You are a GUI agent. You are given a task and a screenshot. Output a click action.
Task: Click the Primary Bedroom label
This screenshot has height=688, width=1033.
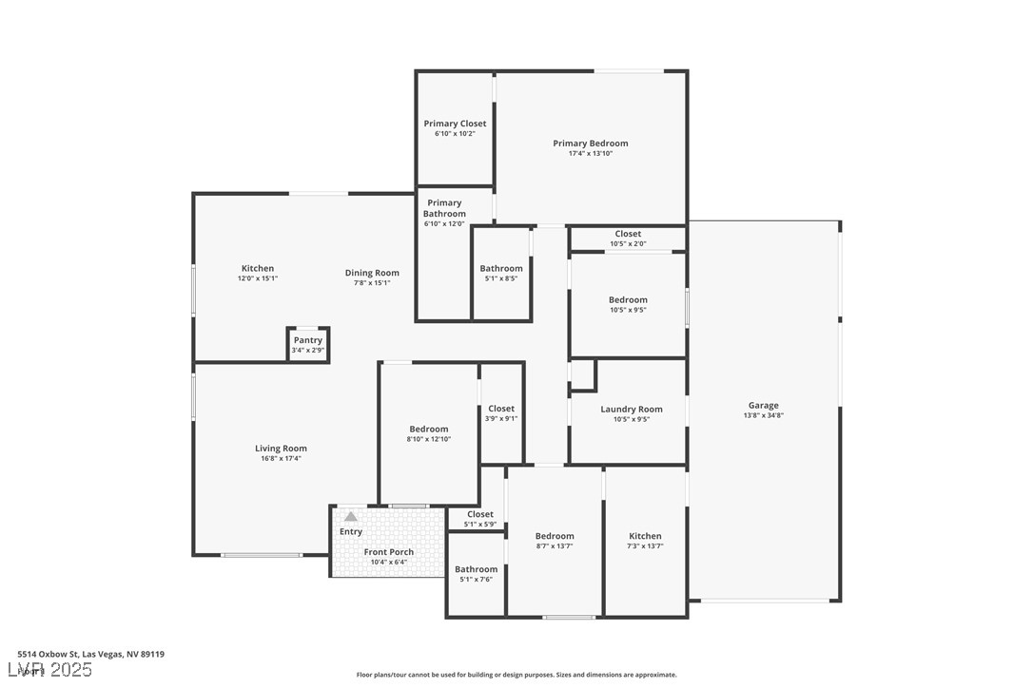(x=590, y=143)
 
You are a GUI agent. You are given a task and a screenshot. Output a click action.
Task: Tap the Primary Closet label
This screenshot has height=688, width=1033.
(x=455, y=124)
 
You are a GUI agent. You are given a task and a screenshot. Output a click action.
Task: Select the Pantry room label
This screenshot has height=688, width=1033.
(x=307, y=340)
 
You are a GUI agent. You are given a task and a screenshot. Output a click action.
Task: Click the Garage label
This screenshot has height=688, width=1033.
(x=763, y=405)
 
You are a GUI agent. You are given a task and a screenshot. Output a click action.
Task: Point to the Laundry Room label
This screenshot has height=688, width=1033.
(x=631, y=410)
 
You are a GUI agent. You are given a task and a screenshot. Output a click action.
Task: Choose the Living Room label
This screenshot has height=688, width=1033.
(x=281, y=449)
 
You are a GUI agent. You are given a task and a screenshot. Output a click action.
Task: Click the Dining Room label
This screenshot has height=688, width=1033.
(x=372, y=273)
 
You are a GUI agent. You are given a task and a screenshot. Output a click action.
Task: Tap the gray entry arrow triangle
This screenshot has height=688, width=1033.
(x=351, y=517)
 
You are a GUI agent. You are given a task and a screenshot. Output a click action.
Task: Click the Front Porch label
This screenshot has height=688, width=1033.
(x=388, y=552)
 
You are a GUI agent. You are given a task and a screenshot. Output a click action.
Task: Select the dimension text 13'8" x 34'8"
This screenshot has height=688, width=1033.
(x=763, y=416)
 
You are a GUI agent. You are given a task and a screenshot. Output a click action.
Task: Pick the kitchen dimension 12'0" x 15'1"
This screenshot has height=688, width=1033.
(x=257, y=279)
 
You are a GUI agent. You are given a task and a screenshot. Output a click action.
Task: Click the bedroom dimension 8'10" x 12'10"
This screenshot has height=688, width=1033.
(x=428, y=440)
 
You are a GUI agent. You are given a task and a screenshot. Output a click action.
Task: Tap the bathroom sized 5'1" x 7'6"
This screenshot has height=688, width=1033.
(x=476, y=574)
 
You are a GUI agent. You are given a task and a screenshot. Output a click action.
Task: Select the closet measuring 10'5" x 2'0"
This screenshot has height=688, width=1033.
(x=628, y=239)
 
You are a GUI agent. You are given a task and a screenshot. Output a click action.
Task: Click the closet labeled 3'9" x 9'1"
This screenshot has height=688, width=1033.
(x=501, y=413)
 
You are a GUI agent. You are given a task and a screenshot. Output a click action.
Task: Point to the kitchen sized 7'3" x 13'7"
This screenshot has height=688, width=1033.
(x=645, y=541)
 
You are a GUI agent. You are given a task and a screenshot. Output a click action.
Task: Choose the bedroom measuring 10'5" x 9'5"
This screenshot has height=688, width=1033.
(x=628, y=304)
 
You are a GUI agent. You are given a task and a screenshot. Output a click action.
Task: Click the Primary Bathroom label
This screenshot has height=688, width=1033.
(x=444, y=208)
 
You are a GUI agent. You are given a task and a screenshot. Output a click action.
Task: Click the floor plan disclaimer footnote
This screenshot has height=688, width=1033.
(x=516, y=675)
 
